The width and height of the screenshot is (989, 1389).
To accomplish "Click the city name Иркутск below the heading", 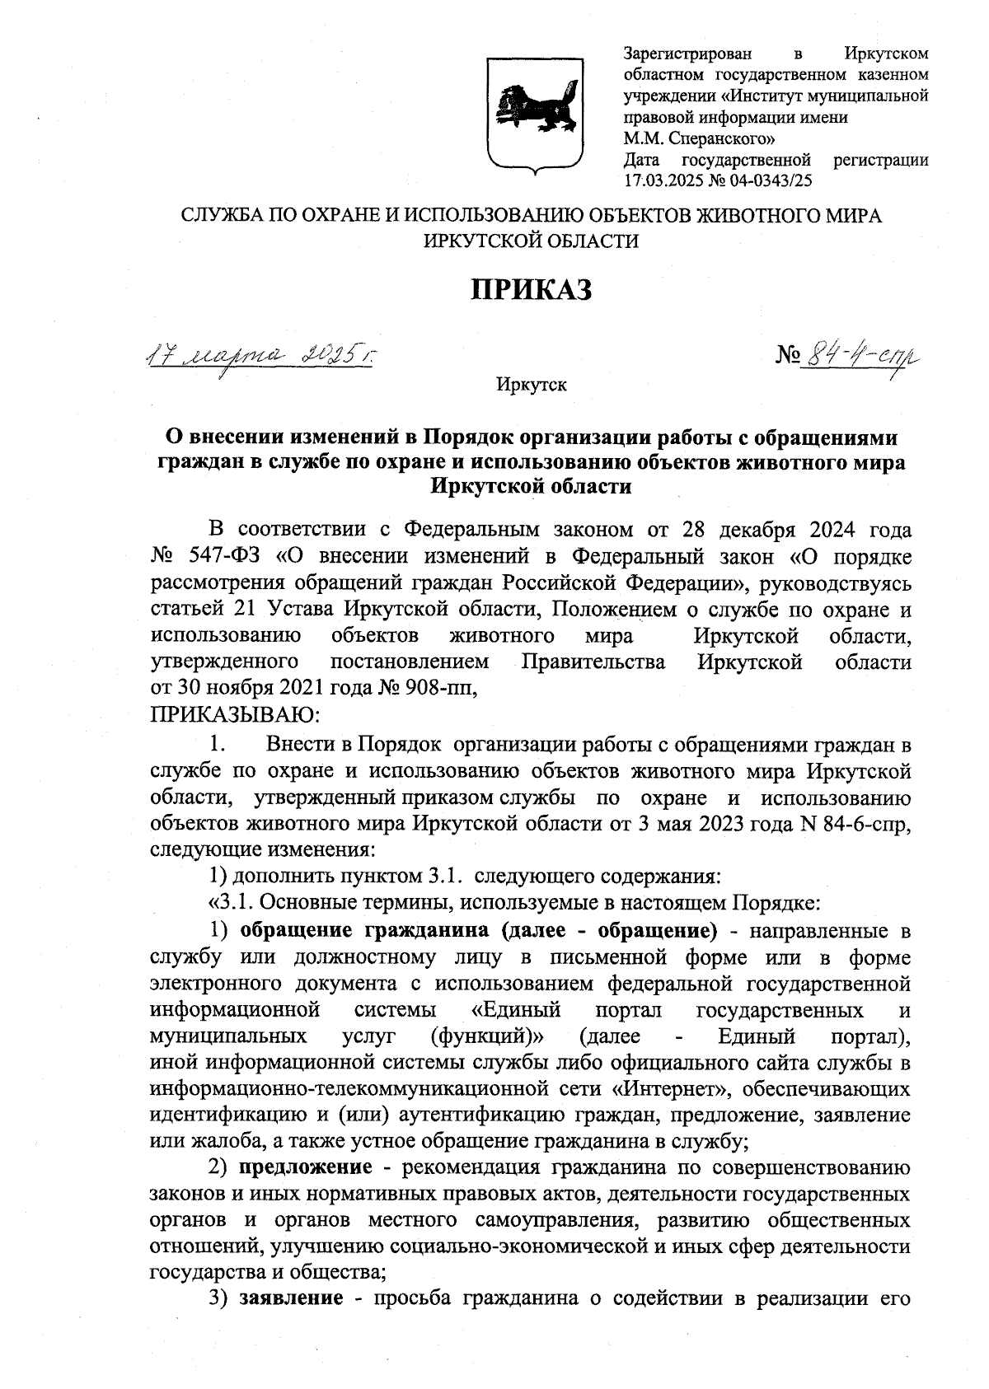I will tap(532, 385).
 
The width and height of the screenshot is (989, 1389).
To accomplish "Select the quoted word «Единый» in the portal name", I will tap(515, 1011).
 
